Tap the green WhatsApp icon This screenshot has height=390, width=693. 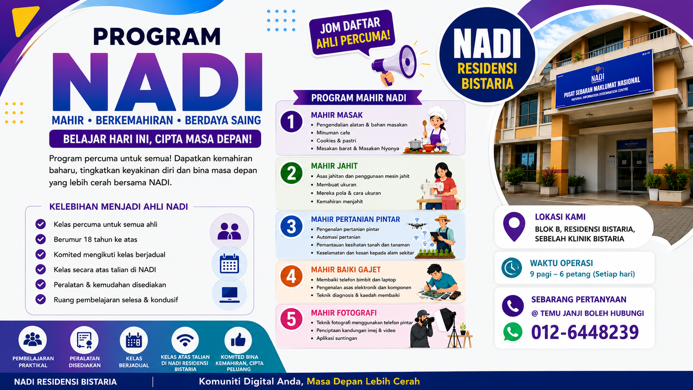513,332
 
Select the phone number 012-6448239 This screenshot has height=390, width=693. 585,332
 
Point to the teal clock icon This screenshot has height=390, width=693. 512,268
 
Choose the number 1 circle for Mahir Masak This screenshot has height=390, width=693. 291,122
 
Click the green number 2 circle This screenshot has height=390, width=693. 291,173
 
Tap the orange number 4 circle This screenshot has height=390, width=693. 291,276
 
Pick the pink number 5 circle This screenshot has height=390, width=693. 291,319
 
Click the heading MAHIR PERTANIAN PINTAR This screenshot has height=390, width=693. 355,219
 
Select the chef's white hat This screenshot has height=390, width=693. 438,111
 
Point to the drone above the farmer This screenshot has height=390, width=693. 417,224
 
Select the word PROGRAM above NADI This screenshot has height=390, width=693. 157,36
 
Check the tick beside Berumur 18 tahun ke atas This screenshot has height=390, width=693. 41,239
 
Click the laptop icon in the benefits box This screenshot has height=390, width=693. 229,295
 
